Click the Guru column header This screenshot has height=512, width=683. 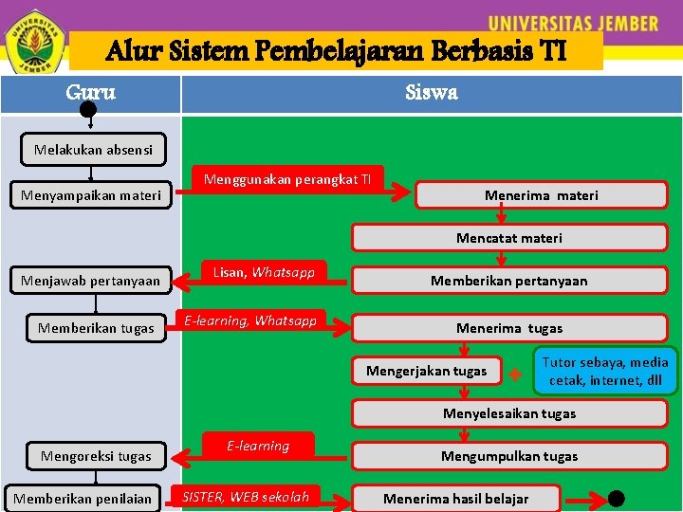pos(91,93)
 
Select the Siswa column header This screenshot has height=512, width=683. pos(431,93)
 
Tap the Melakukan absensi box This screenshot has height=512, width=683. pos(93,150)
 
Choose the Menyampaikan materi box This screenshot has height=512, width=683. pos(91,196)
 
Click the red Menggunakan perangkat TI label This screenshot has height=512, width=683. pos(288,179)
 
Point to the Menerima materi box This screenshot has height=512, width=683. pos(541,195)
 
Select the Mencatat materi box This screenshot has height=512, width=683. pos(508,238)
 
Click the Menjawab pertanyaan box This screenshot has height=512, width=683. pos(91,281)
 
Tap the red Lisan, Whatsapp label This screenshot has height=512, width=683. pos(264,273)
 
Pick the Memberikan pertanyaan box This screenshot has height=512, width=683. pos(508,281)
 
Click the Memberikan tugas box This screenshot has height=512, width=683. pos(96,328)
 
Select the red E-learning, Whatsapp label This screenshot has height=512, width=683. pos(250,321)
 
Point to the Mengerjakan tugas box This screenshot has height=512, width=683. pos(426,371)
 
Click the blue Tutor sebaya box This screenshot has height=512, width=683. pos(604,371)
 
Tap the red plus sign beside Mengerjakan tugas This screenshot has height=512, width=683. pos(514,374)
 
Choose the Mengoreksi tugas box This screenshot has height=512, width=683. pos(96,456)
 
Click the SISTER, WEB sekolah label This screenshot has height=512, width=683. pos(246,497)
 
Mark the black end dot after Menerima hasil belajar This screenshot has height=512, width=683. pos(617,498)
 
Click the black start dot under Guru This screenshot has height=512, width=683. pos(87,110)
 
